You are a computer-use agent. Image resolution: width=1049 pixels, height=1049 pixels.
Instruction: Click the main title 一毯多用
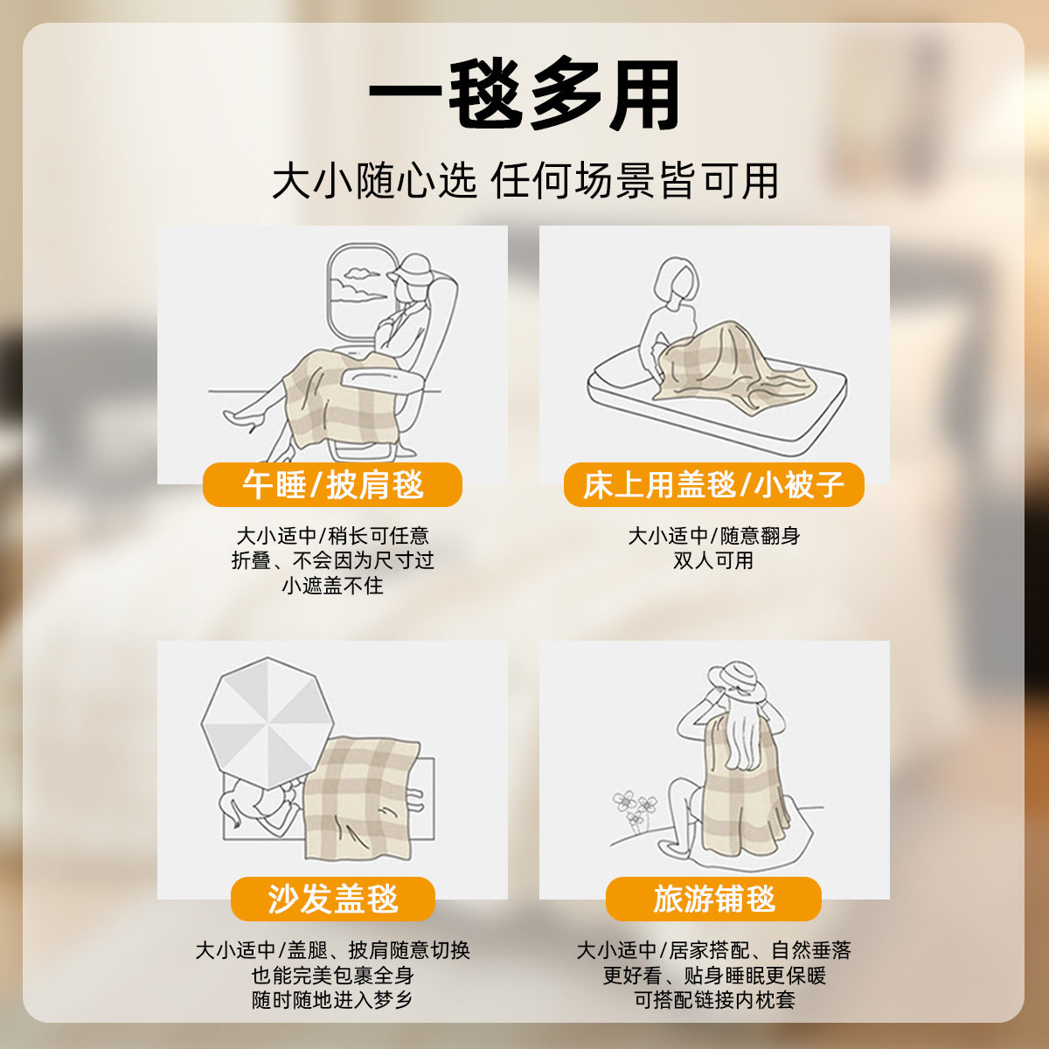coord(524,95)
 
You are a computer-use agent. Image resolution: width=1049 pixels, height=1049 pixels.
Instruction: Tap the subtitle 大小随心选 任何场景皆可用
coord(524,181)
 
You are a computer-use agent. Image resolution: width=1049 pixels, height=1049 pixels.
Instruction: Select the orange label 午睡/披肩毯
coord(332,484)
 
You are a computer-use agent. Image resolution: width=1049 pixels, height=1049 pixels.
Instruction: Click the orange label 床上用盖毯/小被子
coord(713,484)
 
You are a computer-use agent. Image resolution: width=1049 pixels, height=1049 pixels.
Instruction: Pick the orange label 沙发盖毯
coord(332,899)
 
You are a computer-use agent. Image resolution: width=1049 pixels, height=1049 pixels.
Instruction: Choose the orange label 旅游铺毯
coord(713,899)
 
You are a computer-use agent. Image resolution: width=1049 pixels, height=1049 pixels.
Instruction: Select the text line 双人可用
coord(713,560)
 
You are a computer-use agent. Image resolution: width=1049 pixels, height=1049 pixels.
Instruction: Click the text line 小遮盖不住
coord(332,586)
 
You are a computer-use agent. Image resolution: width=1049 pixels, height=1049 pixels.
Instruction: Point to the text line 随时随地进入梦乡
coord(332,1000)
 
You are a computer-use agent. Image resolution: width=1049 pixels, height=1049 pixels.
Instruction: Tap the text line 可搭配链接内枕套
coord(713,1000)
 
